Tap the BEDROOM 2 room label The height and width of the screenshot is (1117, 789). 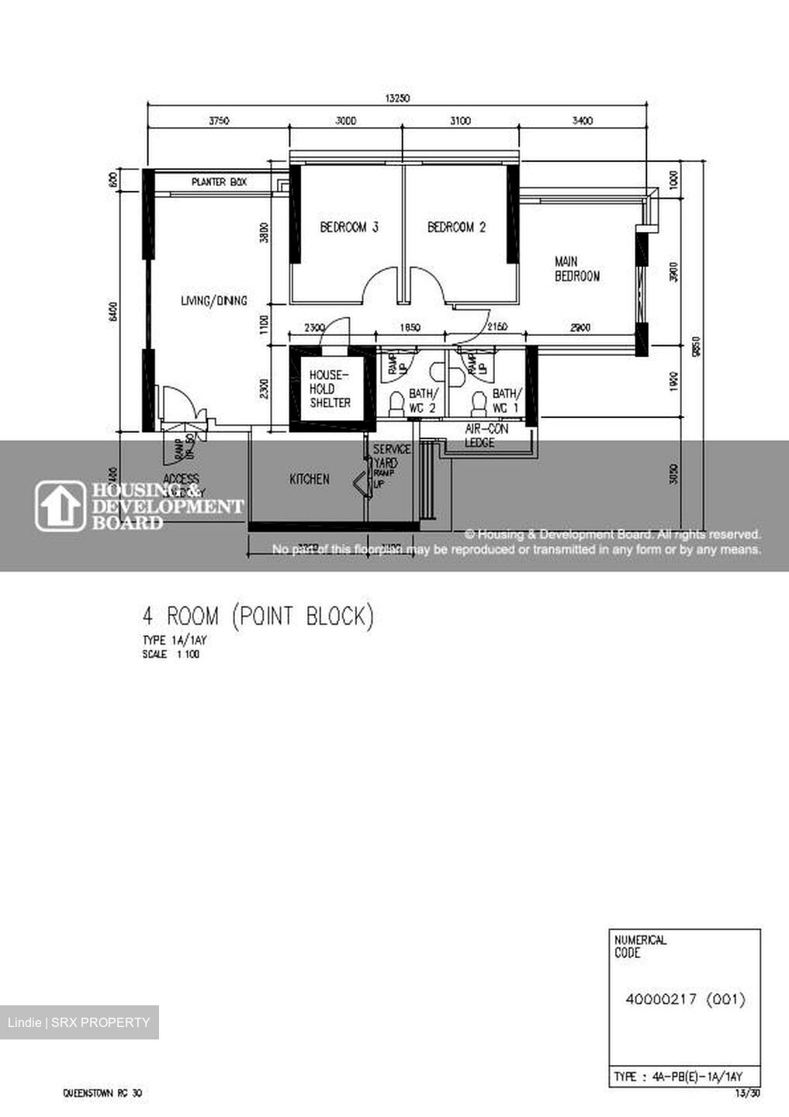click(x=456, y=227)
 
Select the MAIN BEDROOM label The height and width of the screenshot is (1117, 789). click(x=576, y=268)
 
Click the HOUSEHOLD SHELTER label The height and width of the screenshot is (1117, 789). click(x=330, y=389)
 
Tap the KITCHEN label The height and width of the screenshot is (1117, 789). click(x=310, y=479)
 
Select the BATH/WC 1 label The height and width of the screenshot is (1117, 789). click(x=507, y=400)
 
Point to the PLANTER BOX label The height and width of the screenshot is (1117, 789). click(x=219, y=182)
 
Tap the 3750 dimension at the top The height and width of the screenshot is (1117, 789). click(x=219, y=120)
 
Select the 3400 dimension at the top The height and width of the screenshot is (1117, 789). click(x=582, y=120)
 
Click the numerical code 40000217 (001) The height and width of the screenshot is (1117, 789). click(x=685, y=999)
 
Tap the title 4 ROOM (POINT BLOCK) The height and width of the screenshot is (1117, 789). click(x=258, y=617)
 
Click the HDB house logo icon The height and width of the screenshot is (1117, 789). click(x=61, y=506)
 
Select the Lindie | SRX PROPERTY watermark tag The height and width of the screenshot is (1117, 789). click(x=79, y=1022)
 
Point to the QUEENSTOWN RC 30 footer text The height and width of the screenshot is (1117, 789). click(x=102, y=1094)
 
